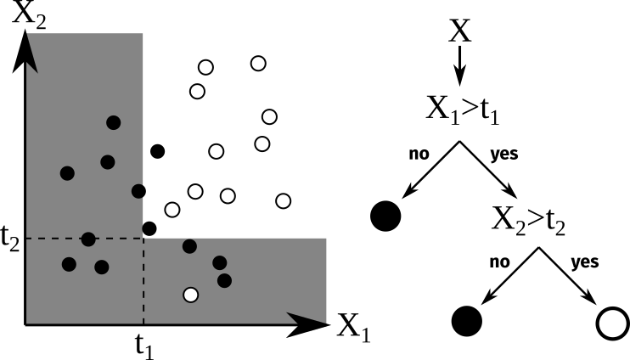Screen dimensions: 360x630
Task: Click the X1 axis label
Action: tap(353, 327)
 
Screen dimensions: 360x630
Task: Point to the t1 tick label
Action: tap(146, 345)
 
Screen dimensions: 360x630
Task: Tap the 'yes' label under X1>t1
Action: tap(504, 155)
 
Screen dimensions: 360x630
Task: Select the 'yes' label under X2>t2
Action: tap(586, 262)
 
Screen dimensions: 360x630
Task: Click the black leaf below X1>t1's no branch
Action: tap(386, 216)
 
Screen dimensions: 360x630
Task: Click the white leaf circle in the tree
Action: tap(611, 323)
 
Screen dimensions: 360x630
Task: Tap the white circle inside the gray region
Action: tap(191, 295)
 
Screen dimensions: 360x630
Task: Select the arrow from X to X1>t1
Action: tap(459, 64)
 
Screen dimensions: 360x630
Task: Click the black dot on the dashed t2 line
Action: tap(88, 239)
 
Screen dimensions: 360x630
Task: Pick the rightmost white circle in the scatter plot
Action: tap(284, 200)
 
